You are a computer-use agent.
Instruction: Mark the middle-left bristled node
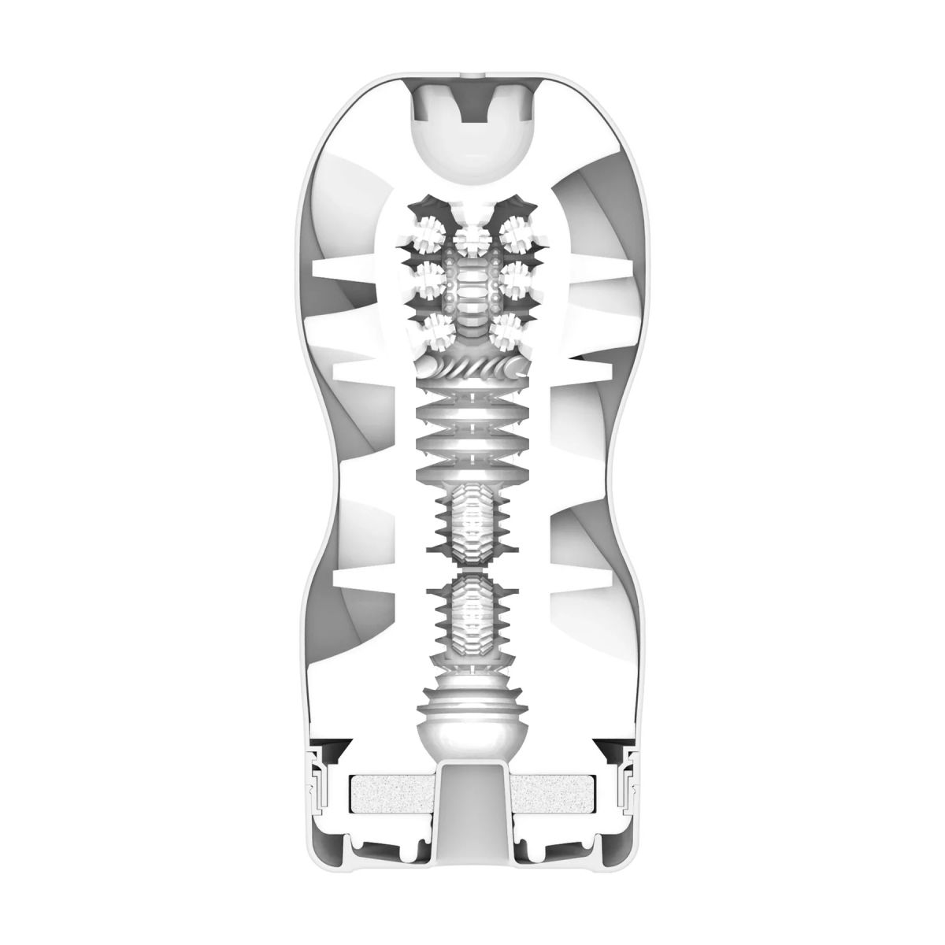[429, 277]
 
